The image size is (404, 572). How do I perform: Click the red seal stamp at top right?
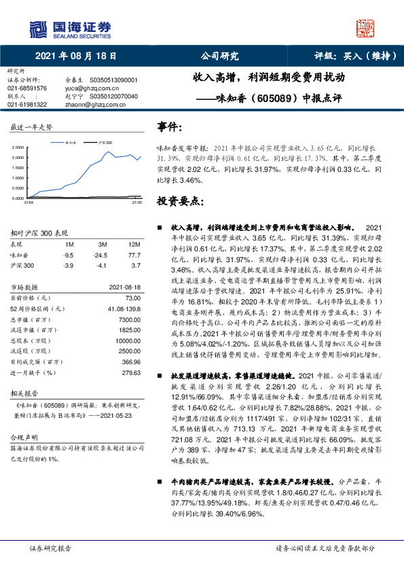(366, 28)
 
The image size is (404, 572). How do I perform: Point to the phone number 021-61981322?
(27, 105)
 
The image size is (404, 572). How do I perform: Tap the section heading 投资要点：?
(180, 201)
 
